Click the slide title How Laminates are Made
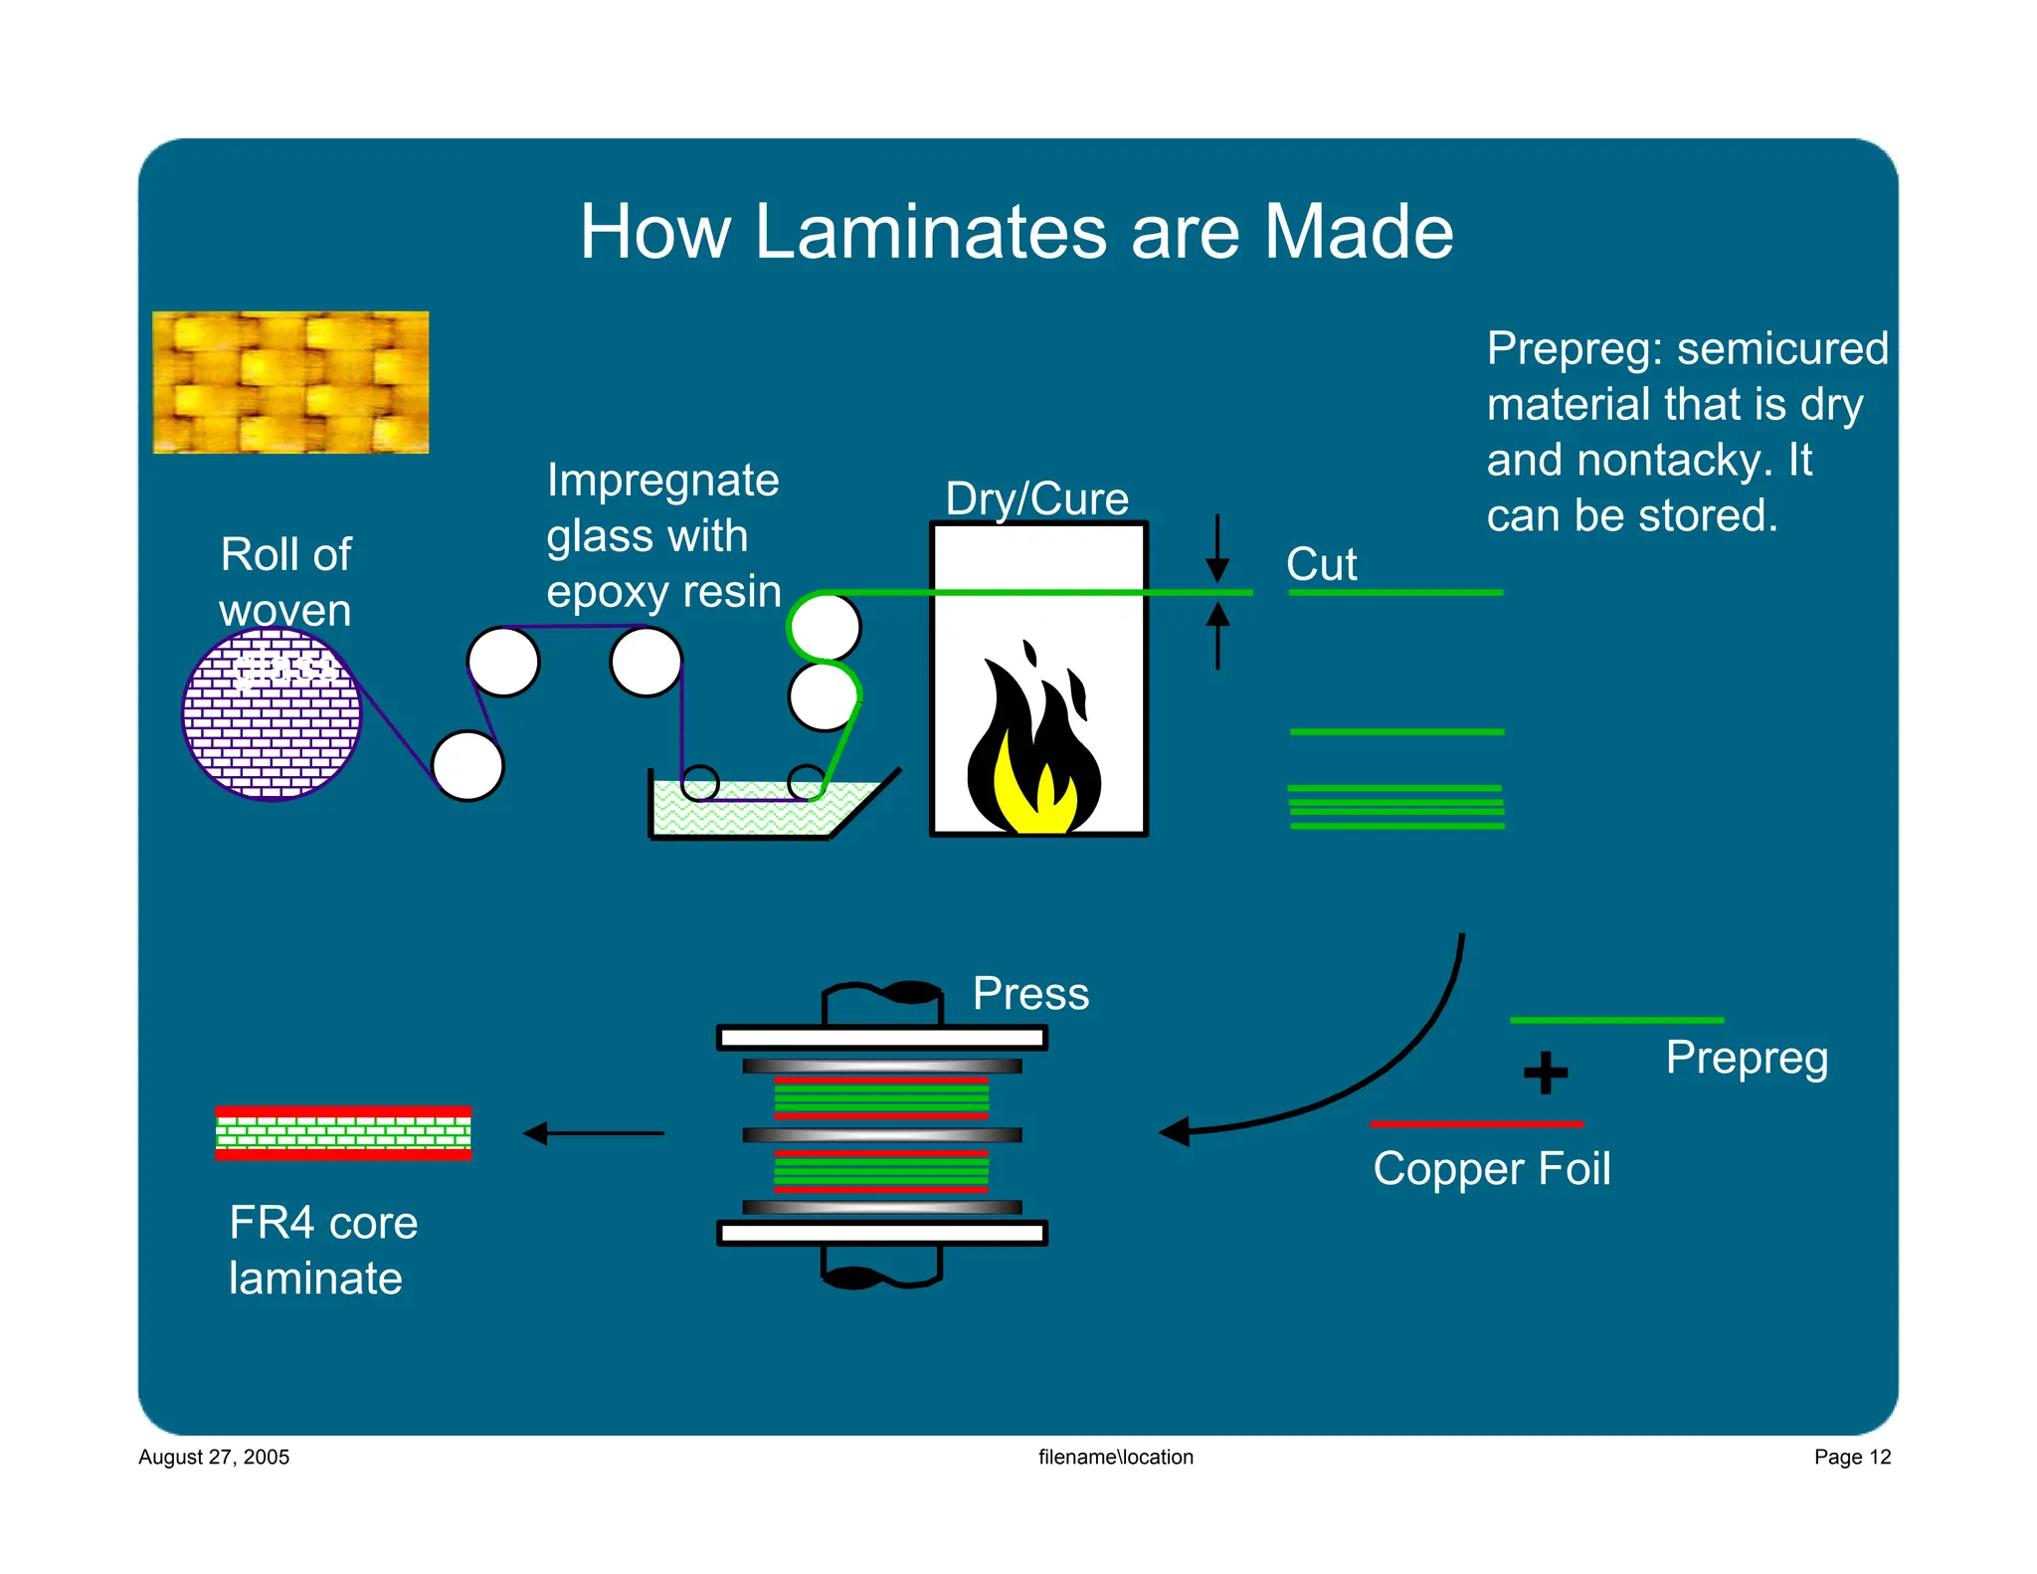(x=1016, y=232)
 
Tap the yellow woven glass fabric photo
(x=290, y=382)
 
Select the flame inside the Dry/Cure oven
(x=1034, y=746)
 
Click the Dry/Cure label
(x=1036, y=498)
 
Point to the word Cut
(x=1321, y=564)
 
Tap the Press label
(x=1030, y=993)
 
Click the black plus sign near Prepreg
(x=1545, y=1073)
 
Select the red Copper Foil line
(x=1476, y=1123)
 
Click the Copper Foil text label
(x=1491, y=1168)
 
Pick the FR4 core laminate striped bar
(x=343, y=1133)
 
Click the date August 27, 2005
(x=214, y=1457)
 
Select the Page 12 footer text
(x=1851, y=1457)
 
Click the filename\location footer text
(x=1115, y=1457)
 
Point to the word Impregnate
(x=662, y=481)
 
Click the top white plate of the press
(x=881, y=1038)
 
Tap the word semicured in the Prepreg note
(x=1782, y=348)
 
